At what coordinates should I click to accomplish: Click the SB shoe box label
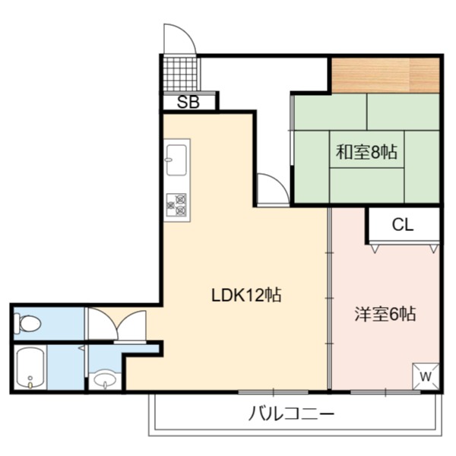188,102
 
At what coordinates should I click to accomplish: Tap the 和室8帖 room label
367,151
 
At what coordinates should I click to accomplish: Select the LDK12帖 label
246,295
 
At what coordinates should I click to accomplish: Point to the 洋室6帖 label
385,314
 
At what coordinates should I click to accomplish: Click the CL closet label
403,224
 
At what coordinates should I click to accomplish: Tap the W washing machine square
426,376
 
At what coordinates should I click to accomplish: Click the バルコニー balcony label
292,413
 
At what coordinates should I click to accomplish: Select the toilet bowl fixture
28,323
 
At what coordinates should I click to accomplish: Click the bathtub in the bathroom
30,368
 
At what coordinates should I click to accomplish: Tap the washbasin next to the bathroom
105,380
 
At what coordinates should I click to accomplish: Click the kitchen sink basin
176,160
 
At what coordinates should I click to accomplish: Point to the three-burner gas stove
176,205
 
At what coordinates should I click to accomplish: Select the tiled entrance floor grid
180,74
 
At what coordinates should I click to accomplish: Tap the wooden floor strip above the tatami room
385,75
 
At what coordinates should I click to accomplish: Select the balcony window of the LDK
273,392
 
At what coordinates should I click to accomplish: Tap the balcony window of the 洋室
385,392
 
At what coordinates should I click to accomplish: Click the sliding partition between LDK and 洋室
330,299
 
